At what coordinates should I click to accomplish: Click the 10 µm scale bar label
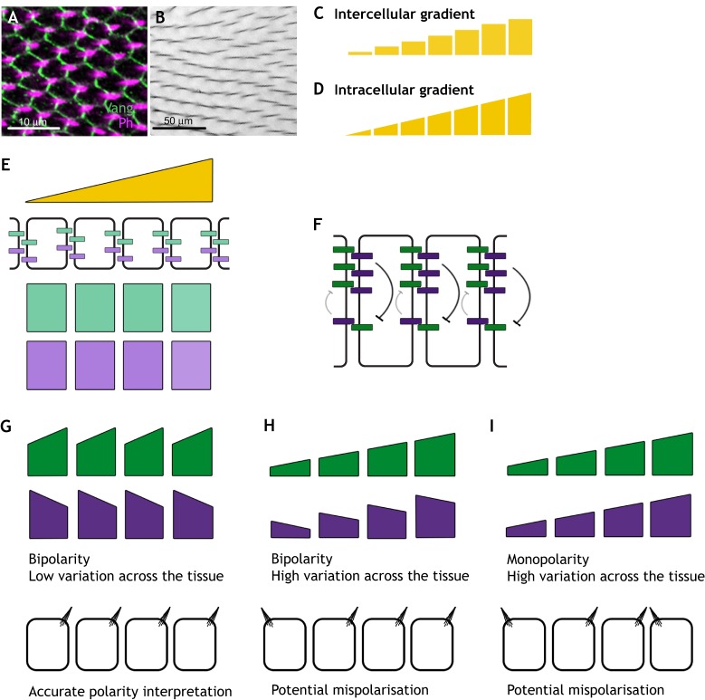click(x=33, y=121)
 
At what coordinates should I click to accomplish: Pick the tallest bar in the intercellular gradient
click(x=519, y=37)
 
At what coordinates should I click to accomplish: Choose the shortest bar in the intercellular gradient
click(x=359, y=53)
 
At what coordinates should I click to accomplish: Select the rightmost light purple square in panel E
click(x=191, y=365)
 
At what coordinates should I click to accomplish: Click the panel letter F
click(x=313, y=217)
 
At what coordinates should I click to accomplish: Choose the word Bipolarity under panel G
click(x=55, y=559)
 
